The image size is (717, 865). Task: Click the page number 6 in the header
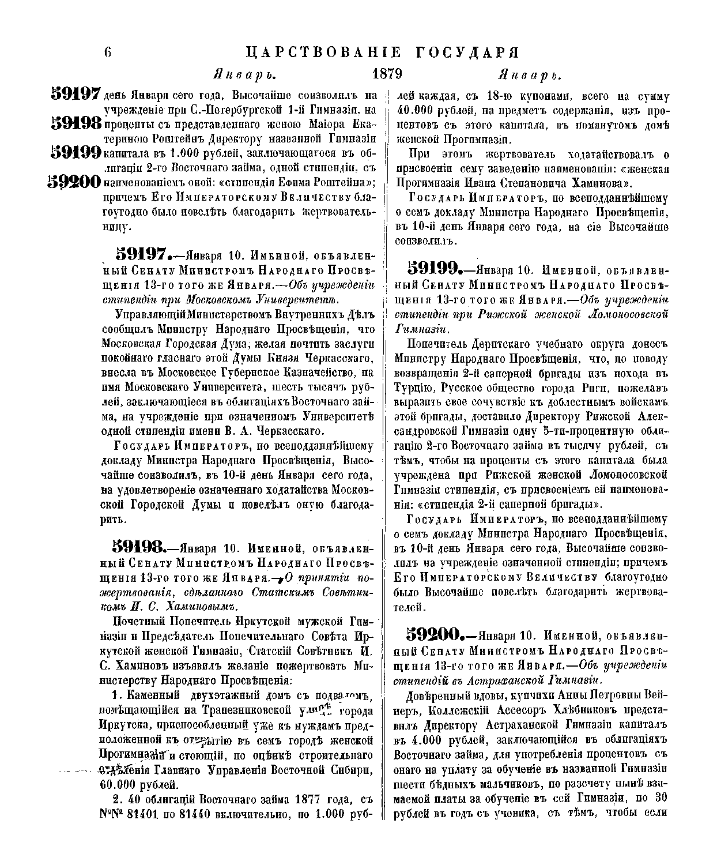pos(107,52)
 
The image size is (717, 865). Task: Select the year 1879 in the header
pos(387,74)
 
